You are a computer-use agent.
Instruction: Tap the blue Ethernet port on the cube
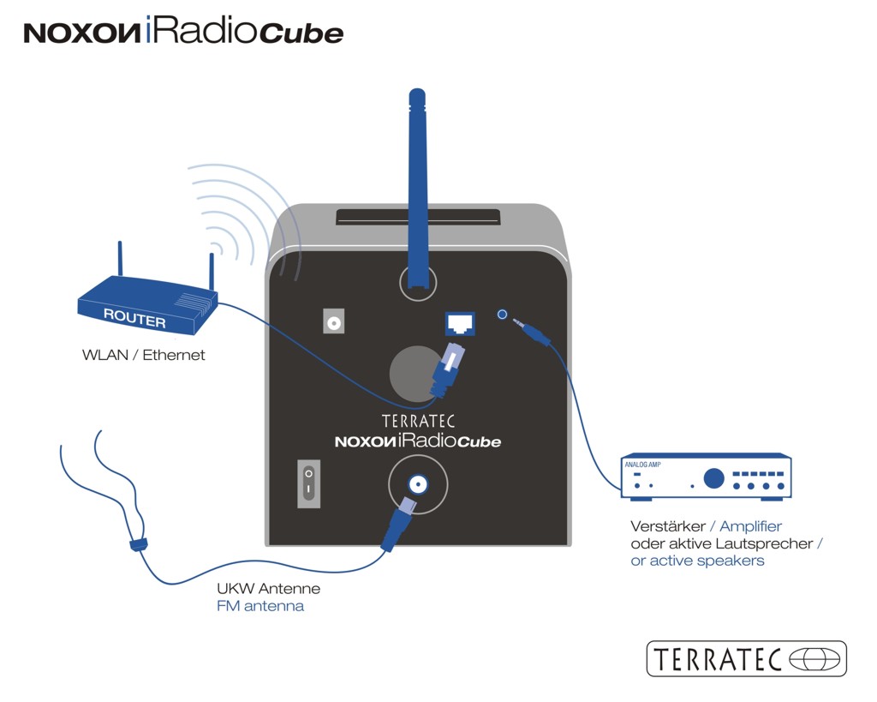(459, 324)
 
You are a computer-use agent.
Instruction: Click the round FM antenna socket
(418, 485)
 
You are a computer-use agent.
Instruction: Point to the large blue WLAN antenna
(418, 189)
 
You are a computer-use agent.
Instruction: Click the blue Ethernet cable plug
(448, 369)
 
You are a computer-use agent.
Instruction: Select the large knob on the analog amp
(713, 478)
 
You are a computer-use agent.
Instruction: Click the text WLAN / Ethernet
(144, 355)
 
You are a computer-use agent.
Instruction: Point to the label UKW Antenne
(268, 590)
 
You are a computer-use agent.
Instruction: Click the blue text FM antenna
(260, 607)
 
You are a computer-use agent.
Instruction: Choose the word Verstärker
(667, 526)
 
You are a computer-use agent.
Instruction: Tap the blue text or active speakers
(697, 561)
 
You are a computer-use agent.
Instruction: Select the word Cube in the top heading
(301, 33)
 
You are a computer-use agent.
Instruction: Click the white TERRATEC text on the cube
(418, 422)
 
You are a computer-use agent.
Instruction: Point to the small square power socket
(333, 322)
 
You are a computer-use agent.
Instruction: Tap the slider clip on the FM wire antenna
(135, 544)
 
